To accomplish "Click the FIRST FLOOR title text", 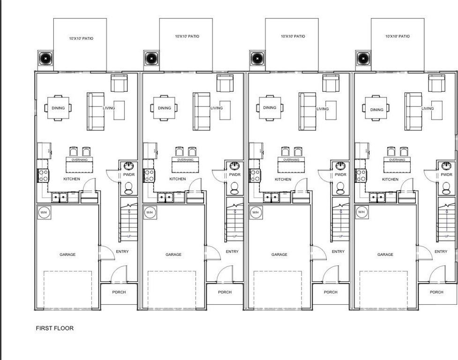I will [x=55, y=328].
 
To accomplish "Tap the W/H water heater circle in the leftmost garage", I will [x=43, y=212].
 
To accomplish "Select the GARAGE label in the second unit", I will [x=173, y=255].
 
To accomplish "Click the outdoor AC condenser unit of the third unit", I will [x=257, y=59].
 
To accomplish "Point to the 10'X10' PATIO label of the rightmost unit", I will [x=398, y=36].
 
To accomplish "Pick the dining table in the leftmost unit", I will [x=58, y=108].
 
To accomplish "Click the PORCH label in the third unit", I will [x=331, y=292].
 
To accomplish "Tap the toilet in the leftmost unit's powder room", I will [x=129, y=187].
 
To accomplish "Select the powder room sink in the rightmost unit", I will [x=446, y=166].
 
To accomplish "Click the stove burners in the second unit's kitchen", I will [x=149, y=175].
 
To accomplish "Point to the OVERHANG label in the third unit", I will [x=291, y=160].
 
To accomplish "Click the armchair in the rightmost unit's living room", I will [x=437, y=84].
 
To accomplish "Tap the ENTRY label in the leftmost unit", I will [x=122, y=252].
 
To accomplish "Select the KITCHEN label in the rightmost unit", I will [x=390, y=179].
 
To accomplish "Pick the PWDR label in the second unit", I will [x=235, y=175].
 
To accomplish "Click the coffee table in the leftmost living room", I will [x=119, y=110].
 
